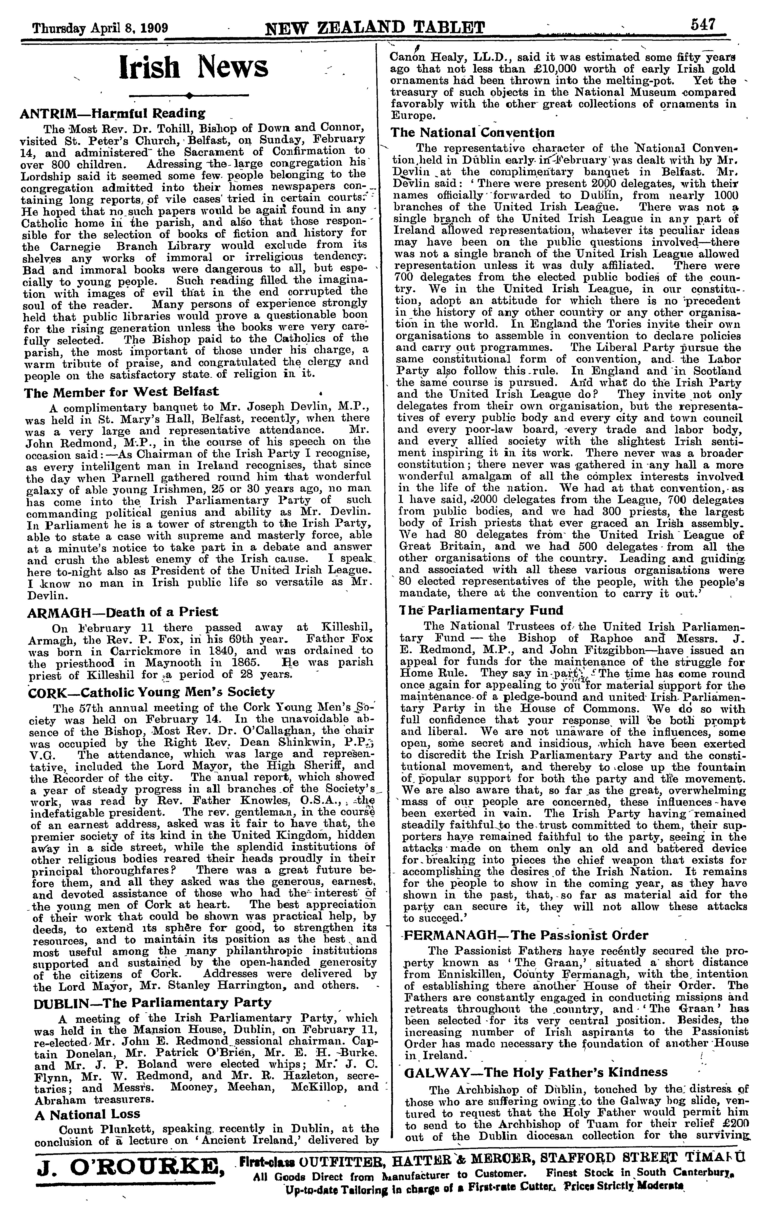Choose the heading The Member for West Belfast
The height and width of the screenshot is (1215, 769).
tap(122, 392)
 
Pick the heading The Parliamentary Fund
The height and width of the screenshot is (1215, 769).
tap(480, 610)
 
